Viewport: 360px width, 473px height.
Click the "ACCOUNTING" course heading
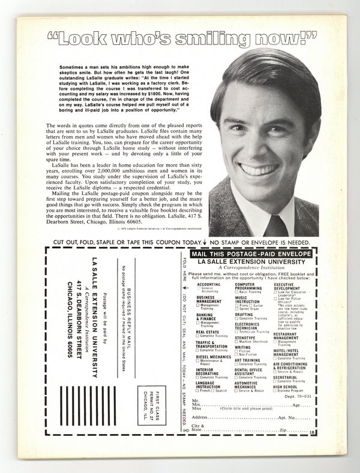209,284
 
